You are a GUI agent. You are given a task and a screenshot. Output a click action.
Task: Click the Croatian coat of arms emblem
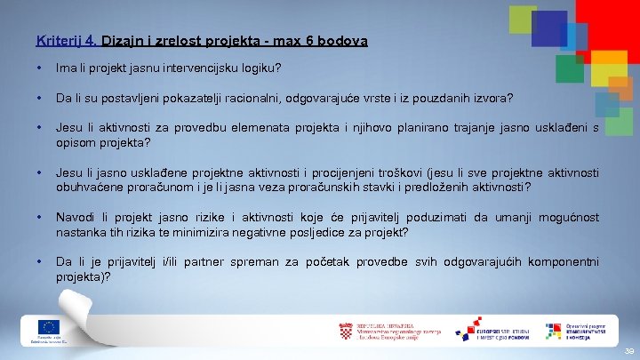[347, 331]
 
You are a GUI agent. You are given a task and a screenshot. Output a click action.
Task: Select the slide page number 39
[628, 352]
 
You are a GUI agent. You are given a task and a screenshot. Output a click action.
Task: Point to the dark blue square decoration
[548, 28]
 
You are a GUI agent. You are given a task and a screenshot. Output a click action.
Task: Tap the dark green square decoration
[569, 68]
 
